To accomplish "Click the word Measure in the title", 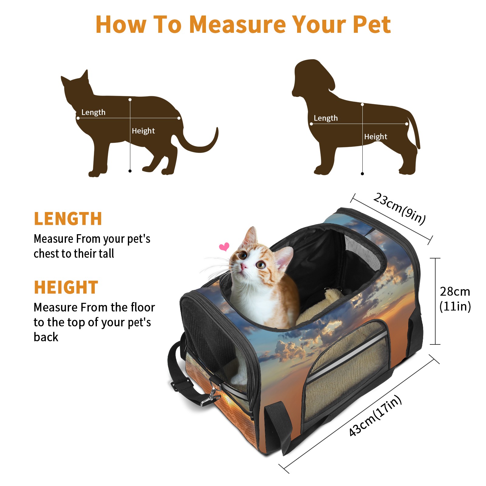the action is point(238,24).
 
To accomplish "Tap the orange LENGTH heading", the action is point(68,219).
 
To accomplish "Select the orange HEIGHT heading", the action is point(66,287).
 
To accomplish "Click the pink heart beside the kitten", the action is point(224,247).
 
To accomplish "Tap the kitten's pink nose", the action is point(243,267).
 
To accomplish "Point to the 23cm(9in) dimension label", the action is point(399,209).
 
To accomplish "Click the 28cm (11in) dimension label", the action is point(455,299).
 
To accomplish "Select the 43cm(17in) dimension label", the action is point(375,416).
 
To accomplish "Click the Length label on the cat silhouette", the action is point(93,112).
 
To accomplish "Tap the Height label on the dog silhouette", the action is point(376,137).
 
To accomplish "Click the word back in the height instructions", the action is point(46,337).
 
